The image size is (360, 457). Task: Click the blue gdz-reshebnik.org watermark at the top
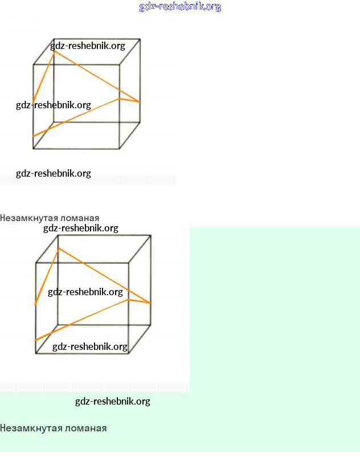[x=180, y=7]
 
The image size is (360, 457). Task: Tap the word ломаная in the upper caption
[x=81, y=218]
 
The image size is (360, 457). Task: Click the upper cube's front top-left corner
[x=34, y=64]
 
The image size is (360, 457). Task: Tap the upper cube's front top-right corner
[x=120, y=64]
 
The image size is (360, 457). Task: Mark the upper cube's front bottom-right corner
[x=120, y=149]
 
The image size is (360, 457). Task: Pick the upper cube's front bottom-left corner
[x=34, y=149]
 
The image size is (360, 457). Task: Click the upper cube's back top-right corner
[x=140, y=39]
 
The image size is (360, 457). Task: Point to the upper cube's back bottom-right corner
[x=140, y=122]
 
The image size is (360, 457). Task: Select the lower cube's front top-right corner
[x=129, y=263]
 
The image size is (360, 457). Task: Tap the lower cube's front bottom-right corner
[x=129, y=353]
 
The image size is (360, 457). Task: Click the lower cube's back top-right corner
[x=151, y=235]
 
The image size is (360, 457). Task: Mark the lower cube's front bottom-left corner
[x=36, y=353]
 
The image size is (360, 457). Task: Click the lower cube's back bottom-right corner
[x=151, y=325]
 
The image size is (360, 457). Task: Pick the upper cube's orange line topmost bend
[x=55, y=51]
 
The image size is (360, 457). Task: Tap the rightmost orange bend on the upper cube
[x=139, y=102]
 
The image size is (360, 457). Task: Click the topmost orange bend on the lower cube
[x=59, y=248]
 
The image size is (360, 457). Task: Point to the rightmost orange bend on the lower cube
[x=150, y=303]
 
